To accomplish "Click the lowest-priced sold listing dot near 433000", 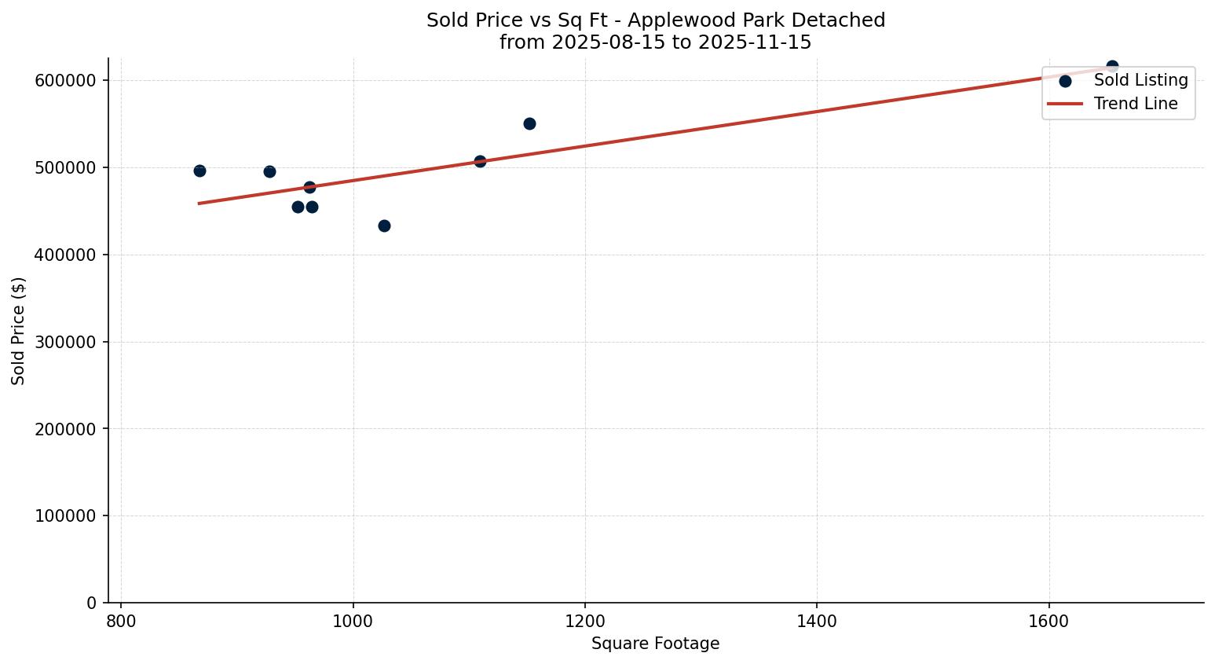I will (x=384, y=226).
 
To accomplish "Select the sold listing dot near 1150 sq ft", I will (x=529, y=123).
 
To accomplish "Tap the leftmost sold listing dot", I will (x=199, y=171).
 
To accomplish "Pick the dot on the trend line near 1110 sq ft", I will (x=480, y=161).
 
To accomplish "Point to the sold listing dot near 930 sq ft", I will (x=269, y=171).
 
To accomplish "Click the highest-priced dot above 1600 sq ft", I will (x=1112, y=67).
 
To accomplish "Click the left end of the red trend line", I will (x=199, y=204).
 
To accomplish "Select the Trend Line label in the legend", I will (x=1136, y=104).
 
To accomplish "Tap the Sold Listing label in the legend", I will (x=1140, y=80).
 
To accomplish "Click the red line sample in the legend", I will (x=1065, y=104).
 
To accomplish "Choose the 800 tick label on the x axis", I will (x=121, y=621).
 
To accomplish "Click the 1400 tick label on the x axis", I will (x=817, y=621).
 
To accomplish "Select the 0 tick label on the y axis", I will (x=91, y=603).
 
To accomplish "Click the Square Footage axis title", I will (x=655, y=644).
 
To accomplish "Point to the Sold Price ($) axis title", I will (x=19, y=331).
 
